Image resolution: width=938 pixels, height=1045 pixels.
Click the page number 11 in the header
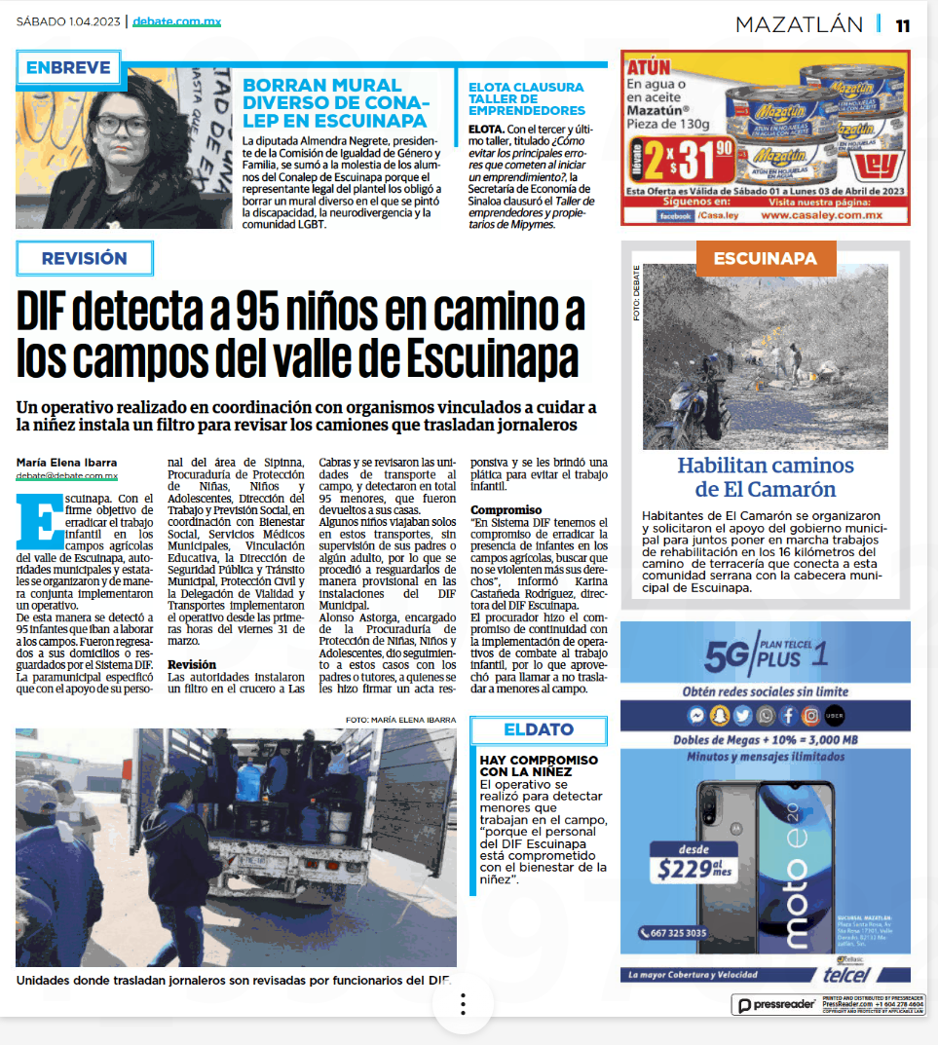(x=903, y=24)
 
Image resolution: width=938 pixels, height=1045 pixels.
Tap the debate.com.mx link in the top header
(x=176, y=21)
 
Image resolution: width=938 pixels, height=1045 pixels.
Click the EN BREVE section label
(x=68, y=68)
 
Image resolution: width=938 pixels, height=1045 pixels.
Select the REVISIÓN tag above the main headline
(x=85, y=258)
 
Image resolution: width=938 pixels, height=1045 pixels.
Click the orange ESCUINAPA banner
(x=765, y=258)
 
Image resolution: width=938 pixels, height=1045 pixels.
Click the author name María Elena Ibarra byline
(x=66, y=462)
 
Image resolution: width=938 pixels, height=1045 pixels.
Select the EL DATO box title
(x=538, y=729)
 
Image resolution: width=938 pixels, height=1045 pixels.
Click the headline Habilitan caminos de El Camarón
(x=765, y=477)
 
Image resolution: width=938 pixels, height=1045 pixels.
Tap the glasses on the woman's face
(x=123, y=126)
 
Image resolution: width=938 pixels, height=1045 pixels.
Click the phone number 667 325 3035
(x=675, y=933)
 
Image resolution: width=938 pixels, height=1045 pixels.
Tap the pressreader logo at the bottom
(x=776, y=1005)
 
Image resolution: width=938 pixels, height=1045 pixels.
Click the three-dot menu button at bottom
(x=464, y=1004)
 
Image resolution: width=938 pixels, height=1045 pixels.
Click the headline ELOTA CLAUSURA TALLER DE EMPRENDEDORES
(x=526, y=98)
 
